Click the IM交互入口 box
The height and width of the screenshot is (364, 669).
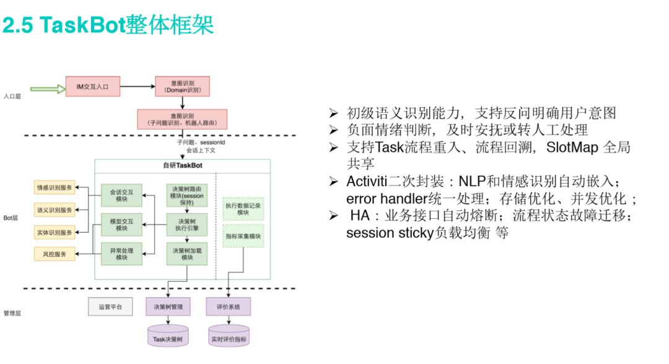(x=92, y=88)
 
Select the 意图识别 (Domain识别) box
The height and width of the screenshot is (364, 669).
(x=183, y=88)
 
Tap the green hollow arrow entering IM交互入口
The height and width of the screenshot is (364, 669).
(x=48, y=89)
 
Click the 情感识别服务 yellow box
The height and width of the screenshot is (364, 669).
(x=55, y=187)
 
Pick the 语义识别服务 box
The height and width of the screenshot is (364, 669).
(x=55, y=210)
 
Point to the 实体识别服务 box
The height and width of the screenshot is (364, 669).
(x=55, y=232)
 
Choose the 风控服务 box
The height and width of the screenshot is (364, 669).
(x=55, y=254)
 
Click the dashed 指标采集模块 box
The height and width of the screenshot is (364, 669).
(x=243, y=236)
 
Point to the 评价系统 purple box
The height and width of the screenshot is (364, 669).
(x=229, y=306)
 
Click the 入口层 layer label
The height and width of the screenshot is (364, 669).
(x=12, y=96)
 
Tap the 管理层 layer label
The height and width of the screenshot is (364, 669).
(x=12, y=313)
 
